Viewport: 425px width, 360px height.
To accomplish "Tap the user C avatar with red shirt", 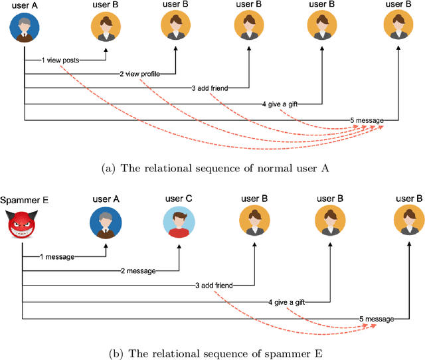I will click(x=178, y=222).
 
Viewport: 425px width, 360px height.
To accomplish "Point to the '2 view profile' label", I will click(x=141, y=73).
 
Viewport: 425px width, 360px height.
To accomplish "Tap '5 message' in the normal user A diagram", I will click(x=367, y=120).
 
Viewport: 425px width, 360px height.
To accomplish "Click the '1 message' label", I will click(x=56, y=256).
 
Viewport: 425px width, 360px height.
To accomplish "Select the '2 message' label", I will click(x=138, y=271).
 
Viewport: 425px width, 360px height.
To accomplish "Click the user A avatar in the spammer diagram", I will click(x=106, y=222).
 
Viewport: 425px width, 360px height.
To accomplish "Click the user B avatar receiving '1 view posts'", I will click(x=106, y=27).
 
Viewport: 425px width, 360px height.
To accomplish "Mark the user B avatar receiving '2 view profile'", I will click(x=176, y=27).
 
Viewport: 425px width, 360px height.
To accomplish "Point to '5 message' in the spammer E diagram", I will click(x=377, y=319).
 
